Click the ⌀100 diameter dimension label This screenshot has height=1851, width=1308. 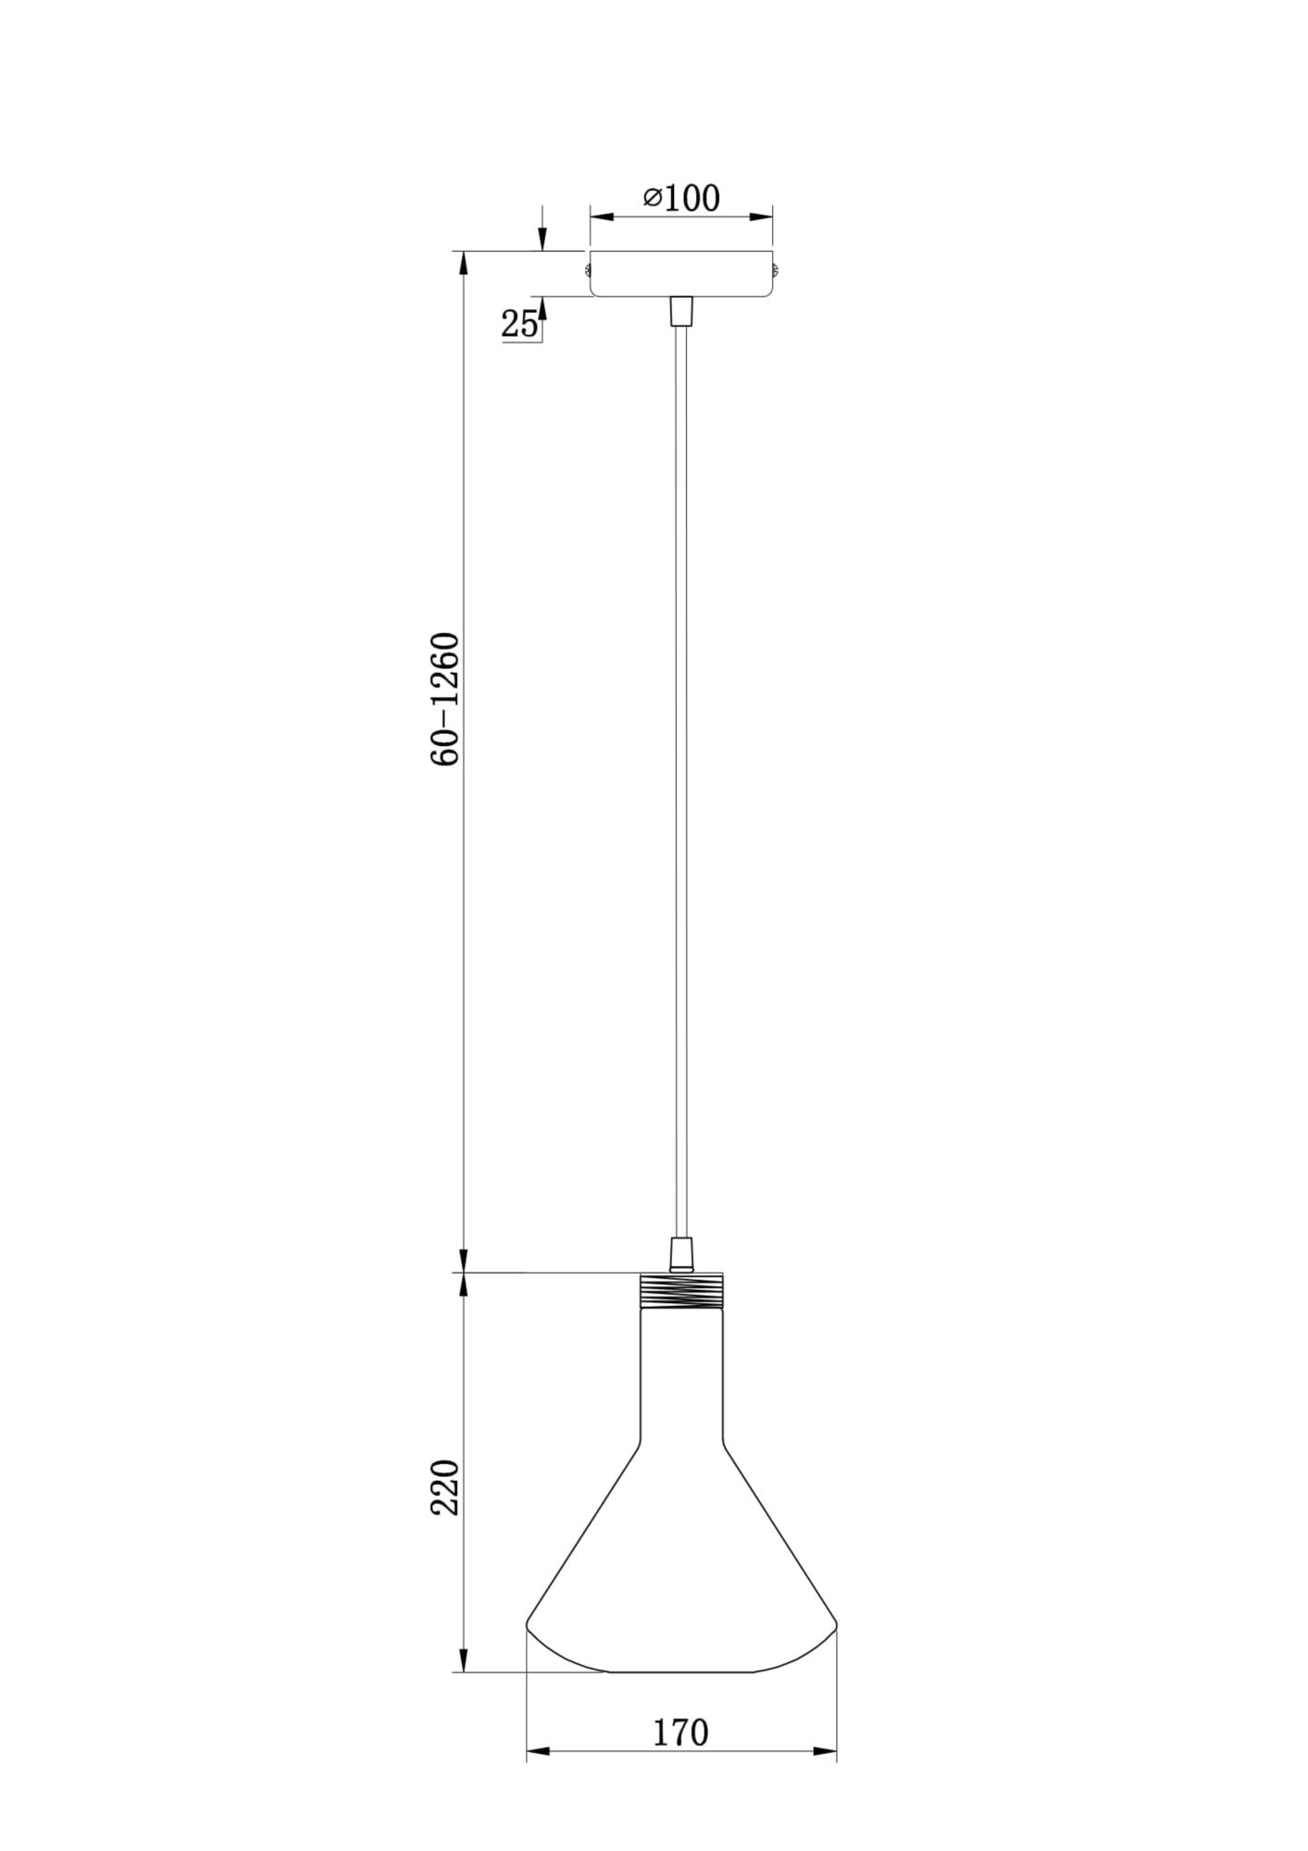coord(682,197)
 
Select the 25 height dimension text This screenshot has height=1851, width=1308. coord(519,324)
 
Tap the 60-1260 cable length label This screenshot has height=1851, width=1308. coord(445,700)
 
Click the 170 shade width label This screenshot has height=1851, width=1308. coord(681,1732)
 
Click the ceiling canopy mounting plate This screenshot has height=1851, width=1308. coord(681,274)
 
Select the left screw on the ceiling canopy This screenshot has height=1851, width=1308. coord(587,270)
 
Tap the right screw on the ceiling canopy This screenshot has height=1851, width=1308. coord(778,271)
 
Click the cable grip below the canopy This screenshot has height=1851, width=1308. coord(681,311)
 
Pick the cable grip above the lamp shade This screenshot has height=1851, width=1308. coord(681,1255)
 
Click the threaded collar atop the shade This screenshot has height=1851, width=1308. coord(681,1289)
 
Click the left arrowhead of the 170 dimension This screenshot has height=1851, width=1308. coord(537,1752)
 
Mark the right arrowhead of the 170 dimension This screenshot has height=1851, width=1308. coord(826,1752)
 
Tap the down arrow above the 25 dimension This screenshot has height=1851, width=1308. coord(542,240)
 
